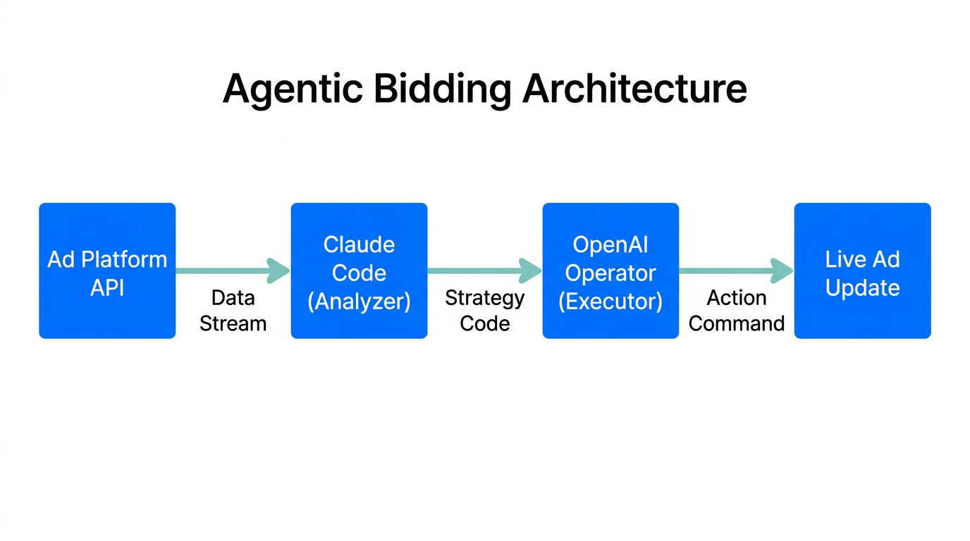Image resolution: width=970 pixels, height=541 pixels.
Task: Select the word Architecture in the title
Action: [634, 89]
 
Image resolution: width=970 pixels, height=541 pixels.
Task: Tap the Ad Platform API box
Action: [107, 271]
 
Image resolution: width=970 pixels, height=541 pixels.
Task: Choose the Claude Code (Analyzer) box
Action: [359, 271]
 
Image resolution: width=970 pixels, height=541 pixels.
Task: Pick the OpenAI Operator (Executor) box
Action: [610, 271]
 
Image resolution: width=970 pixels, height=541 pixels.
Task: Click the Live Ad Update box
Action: [862, 271]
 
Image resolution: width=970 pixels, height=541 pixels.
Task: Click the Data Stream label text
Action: [233, 311]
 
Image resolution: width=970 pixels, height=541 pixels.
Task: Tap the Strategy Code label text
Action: [485, 311]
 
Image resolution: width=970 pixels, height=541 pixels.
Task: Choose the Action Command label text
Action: [737, 311]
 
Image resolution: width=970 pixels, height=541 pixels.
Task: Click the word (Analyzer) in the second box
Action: [359, 301]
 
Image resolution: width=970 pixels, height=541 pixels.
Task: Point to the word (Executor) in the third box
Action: [610, 301]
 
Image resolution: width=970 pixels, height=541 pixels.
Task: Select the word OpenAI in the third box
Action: [610, 244]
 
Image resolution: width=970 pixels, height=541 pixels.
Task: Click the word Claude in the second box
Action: [359, 244]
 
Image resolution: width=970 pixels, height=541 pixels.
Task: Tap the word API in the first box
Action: [107, 287]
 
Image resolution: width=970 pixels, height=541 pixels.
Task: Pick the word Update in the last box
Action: [862, 287]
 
